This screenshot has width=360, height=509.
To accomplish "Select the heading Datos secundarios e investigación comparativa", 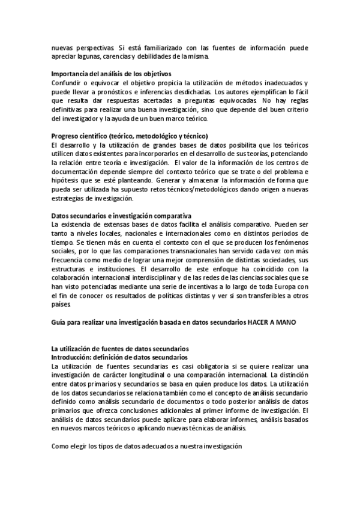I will (x=122, y=215).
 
